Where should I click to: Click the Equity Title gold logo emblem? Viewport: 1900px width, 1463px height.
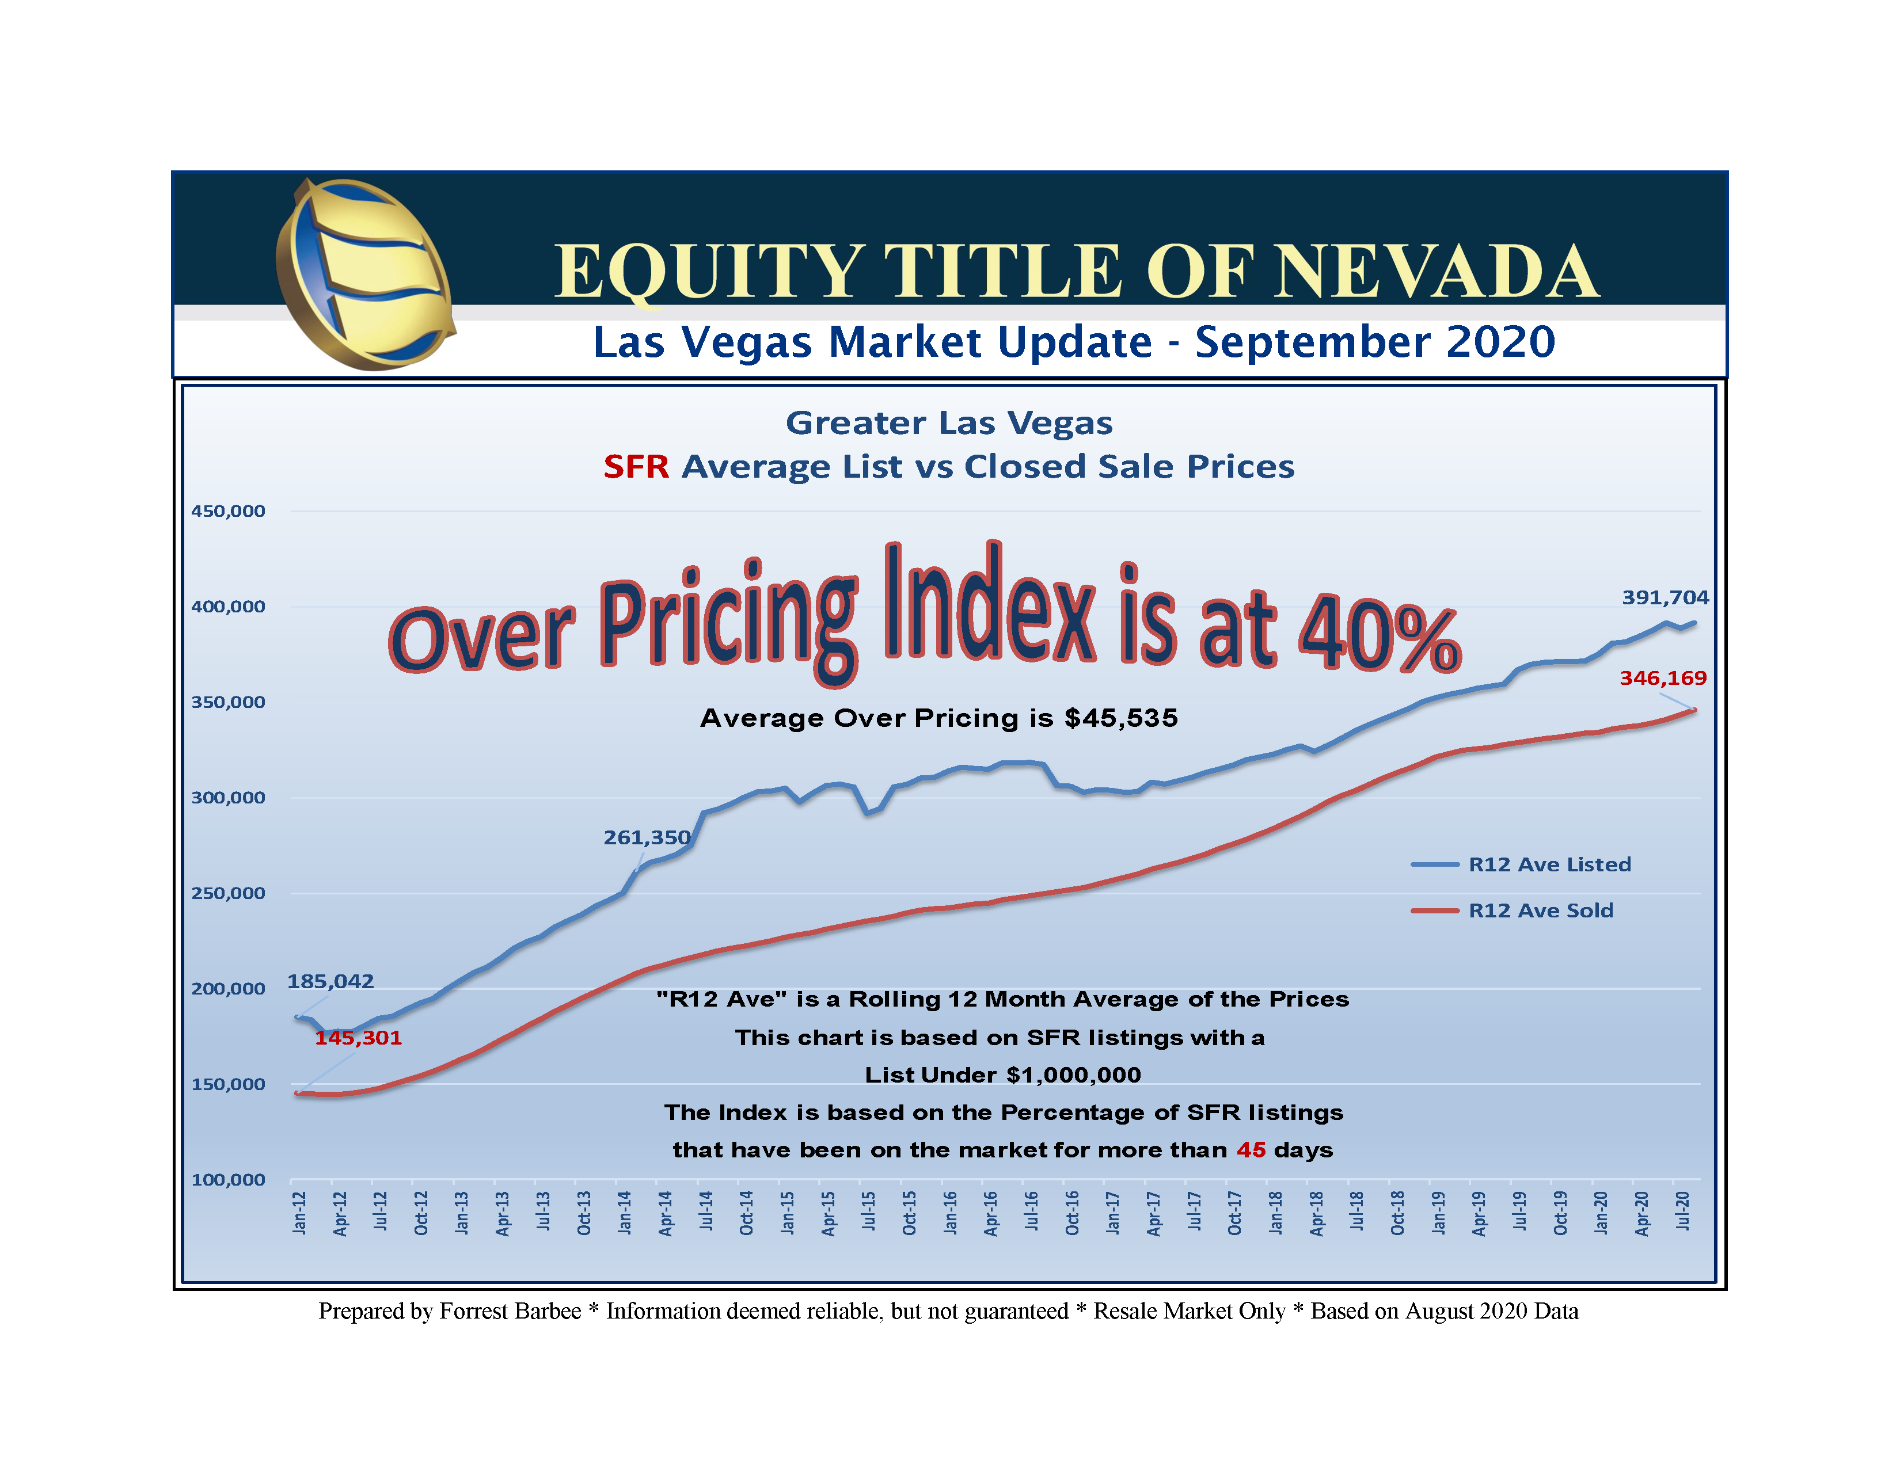click(364, 274)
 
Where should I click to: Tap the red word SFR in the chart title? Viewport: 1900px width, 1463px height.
click(636, 467)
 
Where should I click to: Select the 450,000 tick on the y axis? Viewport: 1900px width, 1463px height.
click(228, 512)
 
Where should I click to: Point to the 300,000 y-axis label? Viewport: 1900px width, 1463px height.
click(228, 798)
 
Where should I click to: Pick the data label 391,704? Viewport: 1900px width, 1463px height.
click(1665, 597)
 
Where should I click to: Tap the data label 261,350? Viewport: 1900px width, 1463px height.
click(647, 837)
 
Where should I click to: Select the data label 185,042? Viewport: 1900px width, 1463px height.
click(330, 981)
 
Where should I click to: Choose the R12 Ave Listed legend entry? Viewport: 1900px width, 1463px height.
click(1549, 864)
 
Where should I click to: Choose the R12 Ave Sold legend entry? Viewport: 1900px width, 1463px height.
click(1540, 910)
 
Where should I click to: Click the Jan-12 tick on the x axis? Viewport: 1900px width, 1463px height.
click(300, 1213)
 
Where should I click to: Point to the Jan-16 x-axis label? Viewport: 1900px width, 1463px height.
click(951, 1213)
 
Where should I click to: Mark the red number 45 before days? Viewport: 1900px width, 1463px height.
click(1251, 1150)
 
